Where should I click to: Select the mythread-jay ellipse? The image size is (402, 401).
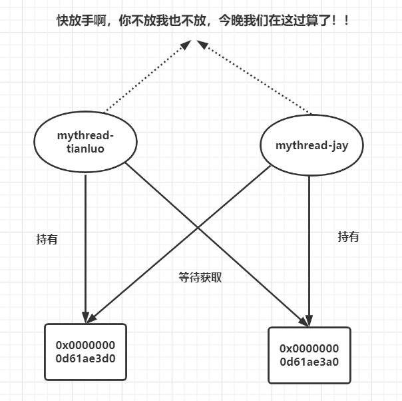coord(311,145)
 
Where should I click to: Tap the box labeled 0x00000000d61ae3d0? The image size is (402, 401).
coord(85,352)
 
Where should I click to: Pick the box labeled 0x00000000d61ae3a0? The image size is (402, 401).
coord(309,355)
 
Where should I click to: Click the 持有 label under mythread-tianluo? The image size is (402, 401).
coord(47,239)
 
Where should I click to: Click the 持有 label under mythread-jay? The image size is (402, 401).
coord(348,236)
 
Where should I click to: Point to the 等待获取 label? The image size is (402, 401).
coord(200,277)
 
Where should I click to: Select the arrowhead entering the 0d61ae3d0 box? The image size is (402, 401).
coord(86,317)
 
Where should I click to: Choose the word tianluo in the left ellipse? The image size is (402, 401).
coord(85,149)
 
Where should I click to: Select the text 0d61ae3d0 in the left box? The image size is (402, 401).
coord(85,358)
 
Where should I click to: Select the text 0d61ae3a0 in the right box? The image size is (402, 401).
coord(309,362)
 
